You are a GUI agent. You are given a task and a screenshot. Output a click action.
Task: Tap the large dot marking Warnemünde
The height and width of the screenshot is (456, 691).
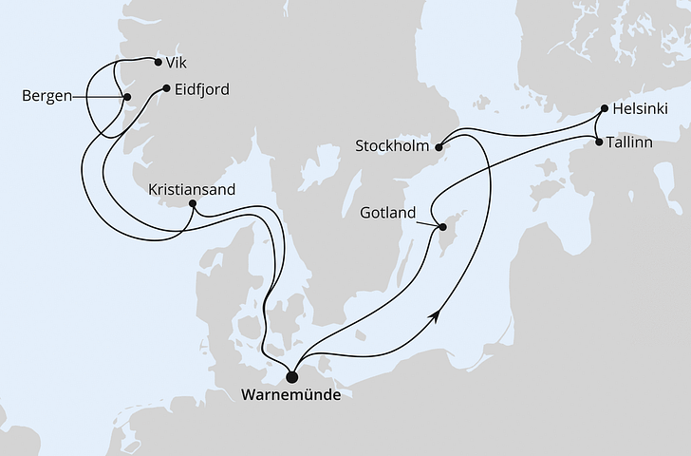click(291, 374)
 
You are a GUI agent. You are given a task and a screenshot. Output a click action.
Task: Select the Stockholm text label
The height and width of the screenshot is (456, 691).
click(392, 147)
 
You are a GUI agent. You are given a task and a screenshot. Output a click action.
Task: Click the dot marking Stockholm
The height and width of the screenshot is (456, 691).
click(439, 147)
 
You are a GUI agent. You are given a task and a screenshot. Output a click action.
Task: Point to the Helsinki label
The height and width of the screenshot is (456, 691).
click(641, 109)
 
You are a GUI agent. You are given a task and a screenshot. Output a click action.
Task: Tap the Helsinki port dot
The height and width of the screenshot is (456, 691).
click(604, 108)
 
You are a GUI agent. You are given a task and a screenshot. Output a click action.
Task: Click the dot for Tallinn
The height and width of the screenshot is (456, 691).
click(598, 142)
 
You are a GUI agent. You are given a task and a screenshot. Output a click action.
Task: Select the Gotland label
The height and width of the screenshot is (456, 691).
click(389, 213)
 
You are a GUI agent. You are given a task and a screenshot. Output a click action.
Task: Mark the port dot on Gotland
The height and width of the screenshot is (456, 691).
click(441, 227)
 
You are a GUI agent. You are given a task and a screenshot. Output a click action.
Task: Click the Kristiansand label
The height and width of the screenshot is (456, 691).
click(193, 189)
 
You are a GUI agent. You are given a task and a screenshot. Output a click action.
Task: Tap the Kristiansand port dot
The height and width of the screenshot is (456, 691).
click(193, 203)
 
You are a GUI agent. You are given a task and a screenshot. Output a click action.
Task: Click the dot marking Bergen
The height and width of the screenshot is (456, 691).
click(126, 96)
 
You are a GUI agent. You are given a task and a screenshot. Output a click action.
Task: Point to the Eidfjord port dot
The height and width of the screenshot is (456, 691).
click(166, 89)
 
